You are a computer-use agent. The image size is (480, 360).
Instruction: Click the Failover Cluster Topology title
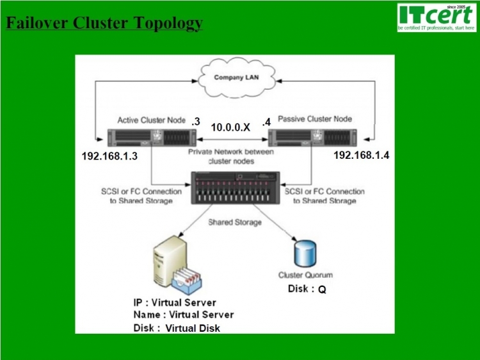(104, 24)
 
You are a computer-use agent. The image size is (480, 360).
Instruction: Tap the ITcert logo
(436, 19)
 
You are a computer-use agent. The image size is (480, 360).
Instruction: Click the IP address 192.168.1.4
(362, 155)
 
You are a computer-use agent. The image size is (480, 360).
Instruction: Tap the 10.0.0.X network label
(230, 127)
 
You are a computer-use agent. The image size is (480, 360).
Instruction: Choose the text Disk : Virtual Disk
(177, 328)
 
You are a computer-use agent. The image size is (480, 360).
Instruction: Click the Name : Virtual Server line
(184, 315)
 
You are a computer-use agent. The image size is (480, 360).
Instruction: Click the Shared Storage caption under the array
(235, 222)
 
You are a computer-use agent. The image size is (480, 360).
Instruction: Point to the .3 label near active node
(196, 121)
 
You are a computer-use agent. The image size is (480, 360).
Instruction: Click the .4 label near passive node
(267, 121)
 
